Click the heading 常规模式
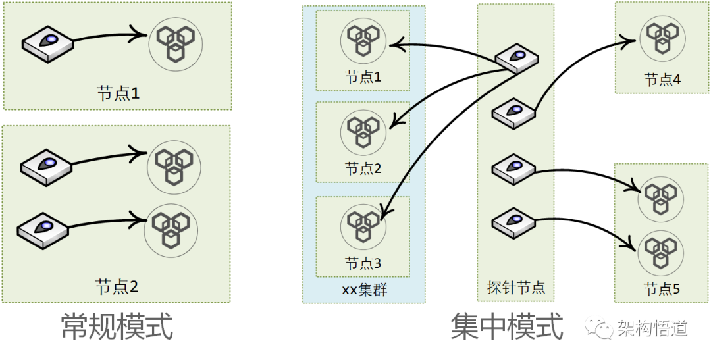[117, 326]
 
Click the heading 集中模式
[507, 326]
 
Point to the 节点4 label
[662, 80]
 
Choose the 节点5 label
[662, 288]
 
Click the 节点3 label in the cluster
[363, 263]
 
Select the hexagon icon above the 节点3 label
[363, 226]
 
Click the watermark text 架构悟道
[652, 328]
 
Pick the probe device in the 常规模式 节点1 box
[47, 43]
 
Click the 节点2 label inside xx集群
[363, 168]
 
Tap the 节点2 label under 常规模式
[117, 286]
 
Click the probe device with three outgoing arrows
[516, 59]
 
